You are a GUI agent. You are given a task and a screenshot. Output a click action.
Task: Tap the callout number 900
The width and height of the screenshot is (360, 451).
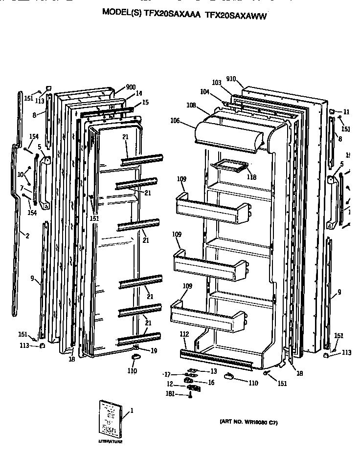tap(131, 87)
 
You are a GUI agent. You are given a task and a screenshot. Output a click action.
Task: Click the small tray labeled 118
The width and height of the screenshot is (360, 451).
tap(228, 167)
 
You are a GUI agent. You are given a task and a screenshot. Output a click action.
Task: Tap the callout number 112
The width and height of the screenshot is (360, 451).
tap(184, 334)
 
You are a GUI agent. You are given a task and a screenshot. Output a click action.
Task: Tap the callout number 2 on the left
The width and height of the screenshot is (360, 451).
tap(27, 236)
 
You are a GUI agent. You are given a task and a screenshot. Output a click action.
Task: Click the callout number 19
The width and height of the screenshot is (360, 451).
tap(154, 350)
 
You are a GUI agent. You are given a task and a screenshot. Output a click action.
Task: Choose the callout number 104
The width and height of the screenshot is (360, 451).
tap(204, 91)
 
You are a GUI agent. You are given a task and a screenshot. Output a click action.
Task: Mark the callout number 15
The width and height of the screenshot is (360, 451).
tap(145, 102)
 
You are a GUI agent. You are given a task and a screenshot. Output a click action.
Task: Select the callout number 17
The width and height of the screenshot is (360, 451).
tap(167, 374)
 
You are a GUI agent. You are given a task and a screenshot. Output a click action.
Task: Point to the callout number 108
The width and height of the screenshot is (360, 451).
tap(191, 105)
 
